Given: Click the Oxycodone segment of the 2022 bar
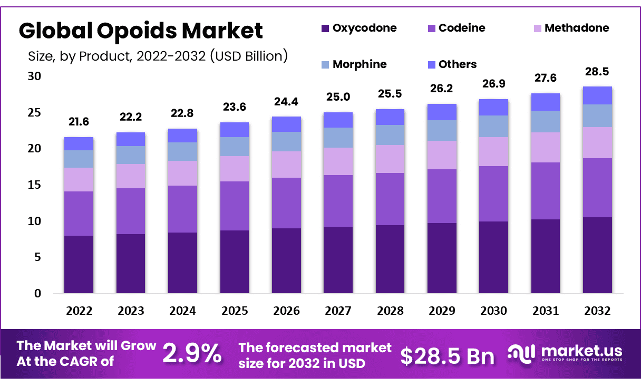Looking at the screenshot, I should coord(79,264).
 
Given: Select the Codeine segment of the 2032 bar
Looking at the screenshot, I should coord(597,187).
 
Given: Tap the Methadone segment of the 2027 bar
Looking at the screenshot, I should coord(338,161).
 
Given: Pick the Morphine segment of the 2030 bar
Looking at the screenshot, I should coord(493,126).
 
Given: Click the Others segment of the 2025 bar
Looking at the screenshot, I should coord(234,129).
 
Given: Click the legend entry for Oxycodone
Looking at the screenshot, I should coord(358,28).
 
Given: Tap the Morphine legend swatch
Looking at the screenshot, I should coord(325,65).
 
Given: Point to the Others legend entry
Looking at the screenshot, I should coord(451,65).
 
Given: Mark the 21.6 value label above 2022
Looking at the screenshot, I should coord(79,122).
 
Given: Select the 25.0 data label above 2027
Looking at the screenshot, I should coord(338,97).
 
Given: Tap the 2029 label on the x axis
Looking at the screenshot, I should coord(442,311).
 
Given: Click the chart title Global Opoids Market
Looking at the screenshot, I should coord(141,31).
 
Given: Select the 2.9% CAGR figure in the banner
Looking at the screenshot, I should coord(192,354).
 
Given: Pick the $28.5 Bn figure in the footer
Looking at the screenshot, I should coord(448,356).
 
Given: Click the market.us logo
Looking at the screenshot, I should coord(565,353).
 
